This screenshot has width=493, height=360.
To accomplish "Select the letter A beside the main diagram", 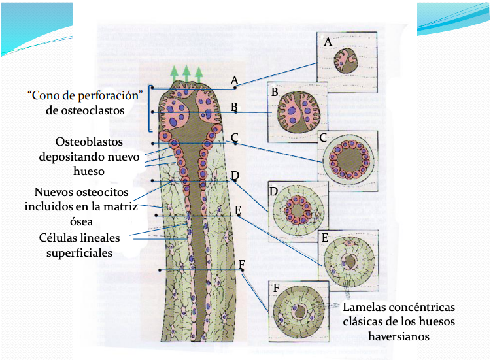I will [x=233, y=80].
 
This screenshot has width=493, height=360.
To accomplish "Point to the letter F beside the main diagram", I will [x=242, y=264].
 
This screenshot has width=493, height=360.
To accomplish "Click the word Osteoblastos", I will [x=89, y=142].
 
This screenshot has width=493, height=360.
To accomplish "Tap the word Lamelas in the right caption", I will [x=364, y=307].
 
